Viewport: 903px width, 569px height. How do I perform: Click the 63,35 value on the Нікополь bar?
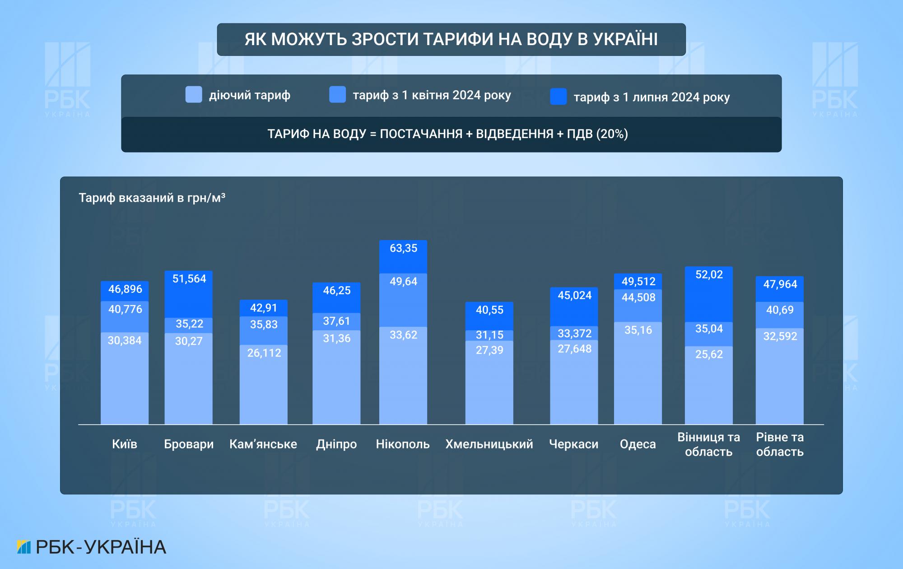pos(403,248)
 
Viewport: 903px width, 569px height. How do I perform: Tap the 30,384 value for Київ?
pos(125,341)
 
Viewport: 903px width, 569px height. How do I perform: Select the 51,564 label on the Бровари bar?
pos(189,279)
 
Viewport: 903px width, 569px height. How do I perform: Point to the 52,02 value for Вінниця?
pos(709,275)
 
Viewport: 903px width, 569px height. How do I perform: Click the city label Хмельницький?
pos(489,444)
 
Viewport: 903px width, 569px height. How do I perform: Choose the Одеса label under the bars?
pos(638,444)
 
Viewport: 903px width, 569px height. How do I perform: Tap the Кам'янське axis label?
pos(263,444)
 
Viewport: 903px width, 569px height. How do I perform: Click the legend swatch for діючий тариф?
pos(194,95)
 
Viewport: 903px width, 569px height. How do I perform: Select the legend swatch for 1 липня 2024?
pos(558,97)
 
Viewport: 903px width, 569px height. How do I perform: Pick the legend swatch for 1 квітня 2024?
pos(338,95)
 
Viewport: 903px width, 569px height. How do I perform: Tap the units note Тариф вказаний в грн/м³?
pos(152,198)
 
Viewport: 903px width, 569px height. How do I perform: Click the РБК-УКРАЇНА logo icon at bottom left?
pos(23,547)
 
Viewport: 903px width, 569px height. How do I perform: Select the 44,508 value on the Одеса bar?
pos(638,297)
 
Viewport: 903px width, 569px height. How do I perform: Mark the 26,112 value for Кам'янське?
pos(264,353)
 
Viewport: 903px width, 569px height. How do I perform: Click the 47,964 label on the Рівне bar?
pos(780,284)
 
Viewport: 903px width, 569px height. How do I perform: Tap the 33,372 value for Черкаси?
pos(574,333)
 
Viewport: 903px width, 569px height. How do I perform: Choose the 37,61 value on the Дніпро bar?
pos(336,321)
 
